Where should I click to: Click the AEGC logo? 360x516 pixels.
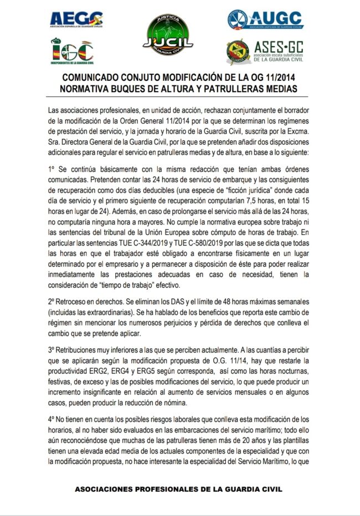[76, 20]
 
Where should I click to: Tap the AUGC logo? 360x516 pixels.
[265, 20]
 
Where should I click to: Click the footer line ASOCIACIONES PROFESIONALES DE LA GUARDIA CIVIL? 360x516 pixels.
[178, 490]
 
